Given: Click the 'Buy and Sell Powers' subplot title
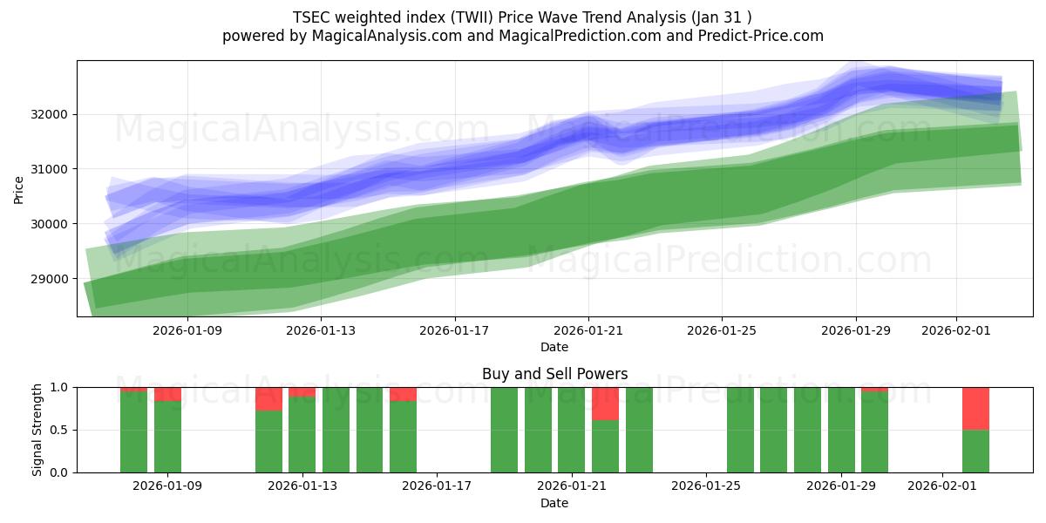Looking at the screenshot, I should pos(554,374).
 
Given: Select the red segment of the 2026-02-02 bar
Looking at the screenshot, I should pos(975,408).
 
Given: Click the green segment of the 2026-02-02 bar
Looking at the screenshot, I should pos(975,452).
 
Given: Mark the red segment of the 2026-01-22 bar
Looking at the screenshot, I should pos(605,404).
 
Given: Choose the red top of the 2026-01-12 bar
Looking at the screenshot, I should pos(268,398).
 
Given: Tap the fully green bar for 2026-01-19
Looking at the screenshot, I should pos(504,430).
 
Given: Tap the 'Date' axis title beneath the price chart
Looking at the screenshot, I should pos(554,347).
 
